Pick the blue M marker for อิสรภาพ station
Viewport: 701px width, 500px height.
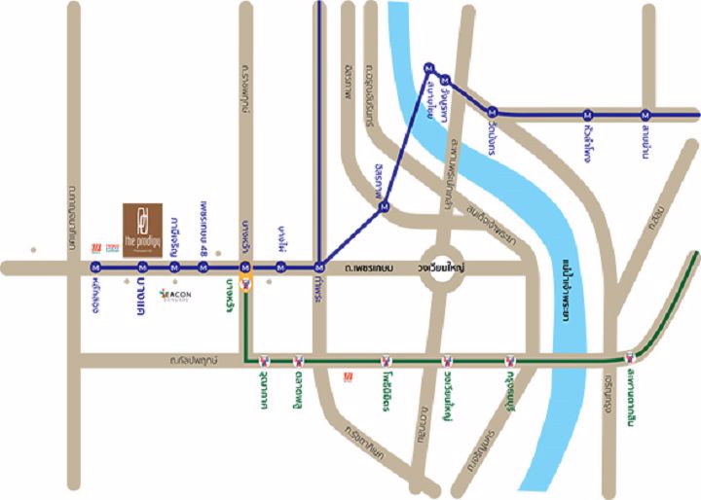tap(385, 205)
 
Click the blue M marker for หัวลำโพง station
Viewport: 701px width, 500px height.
tap(588, 112)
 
